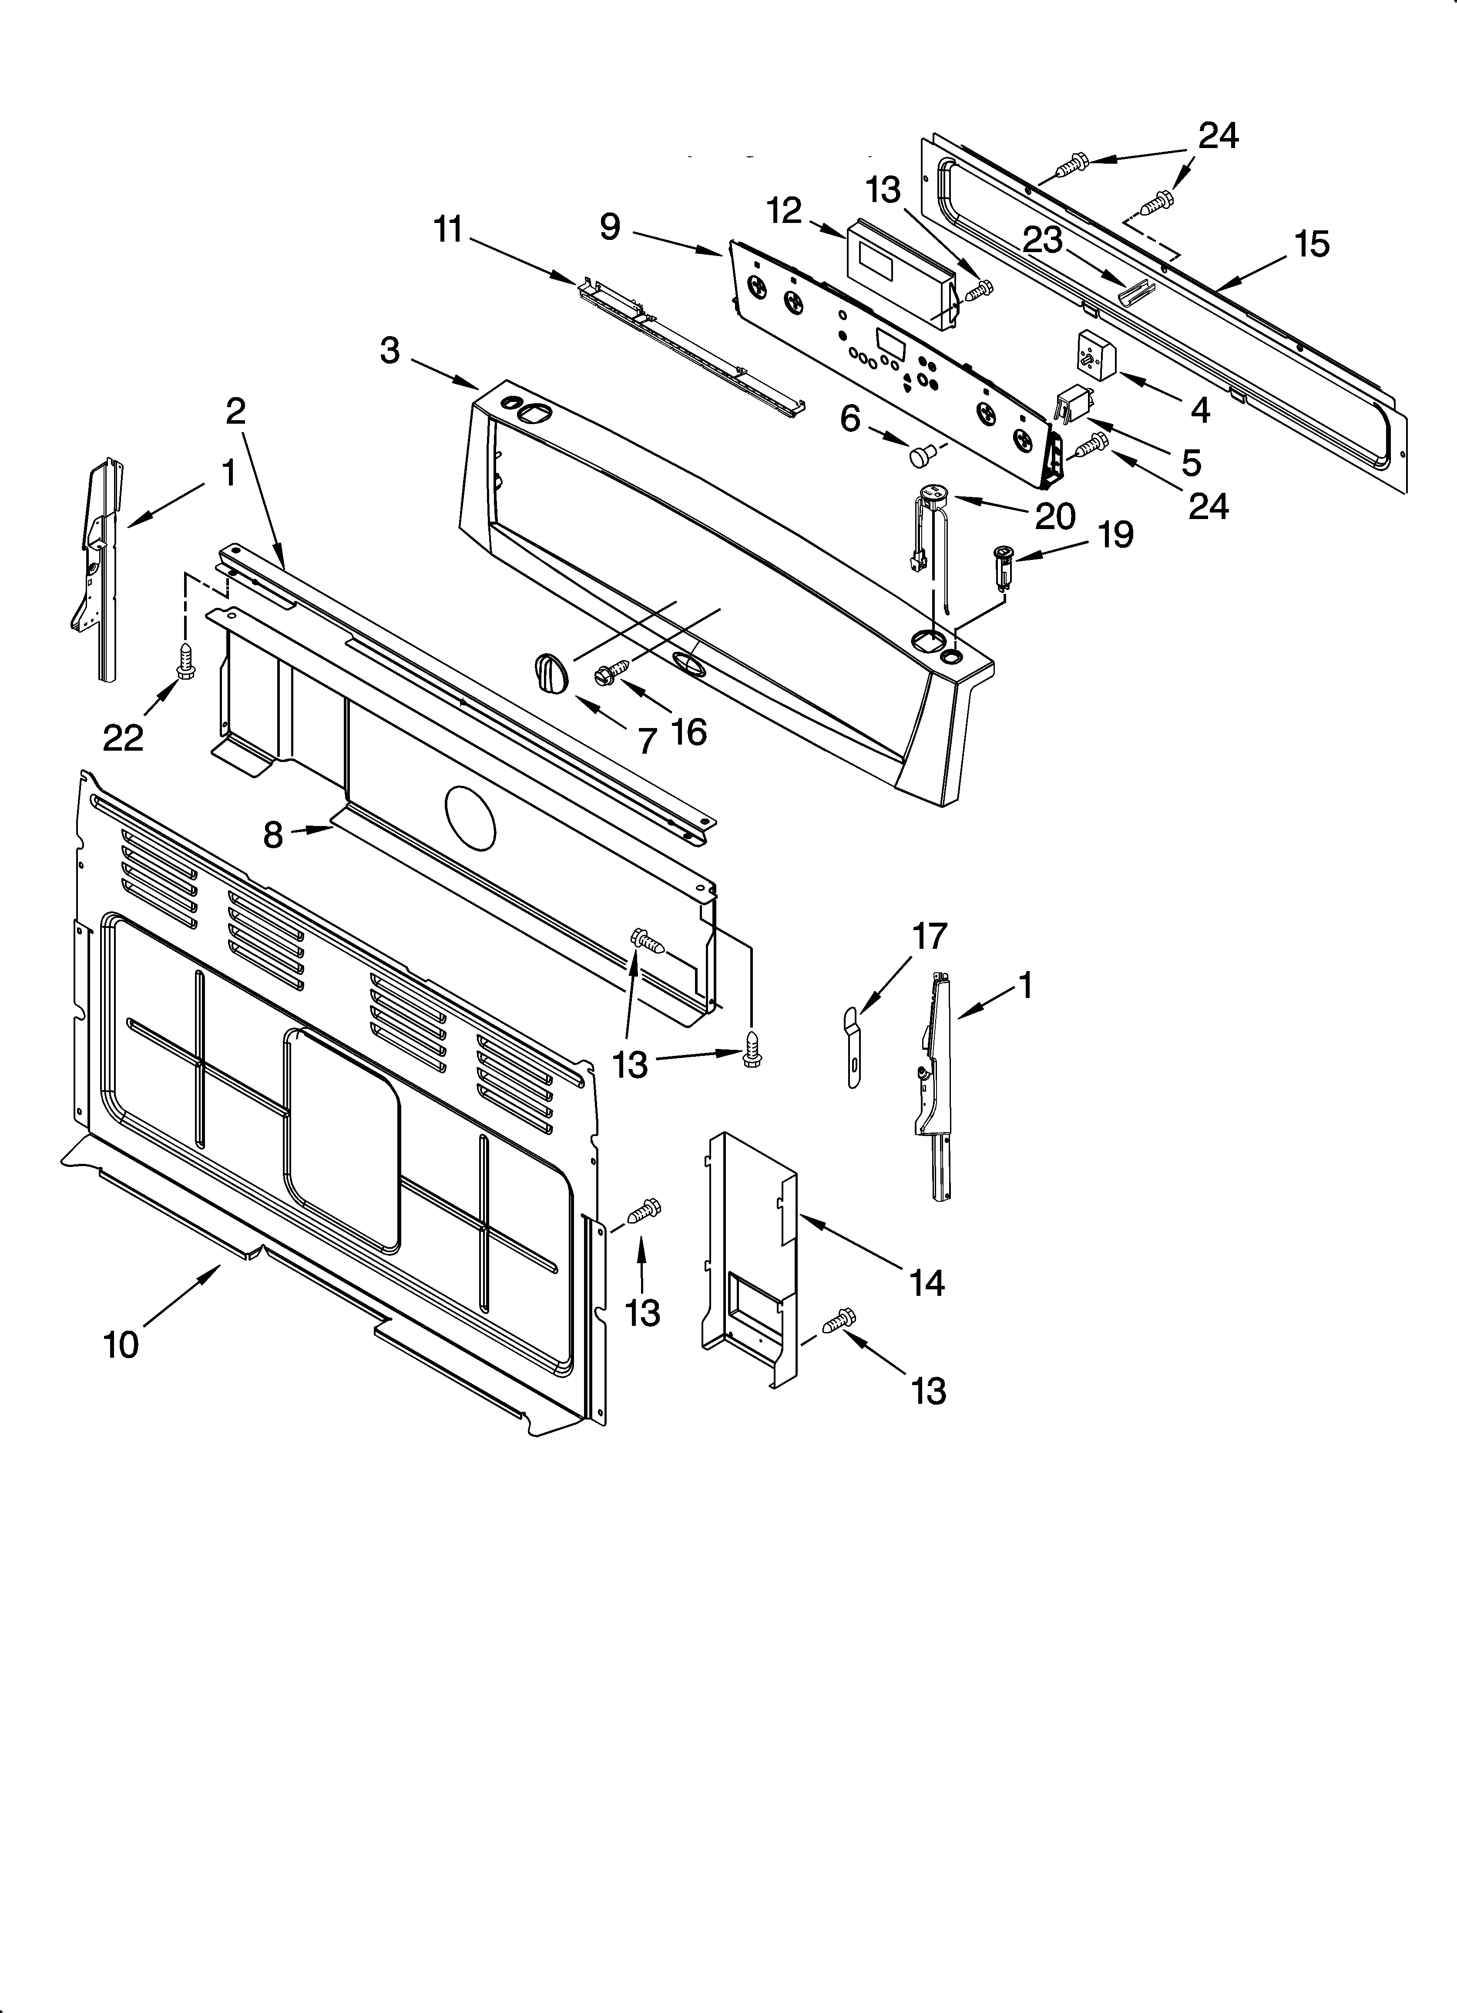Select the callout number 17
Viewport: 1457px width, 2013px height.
coord(930,935)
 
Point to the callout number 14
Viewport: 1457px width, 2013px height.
coord(927,1281)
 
